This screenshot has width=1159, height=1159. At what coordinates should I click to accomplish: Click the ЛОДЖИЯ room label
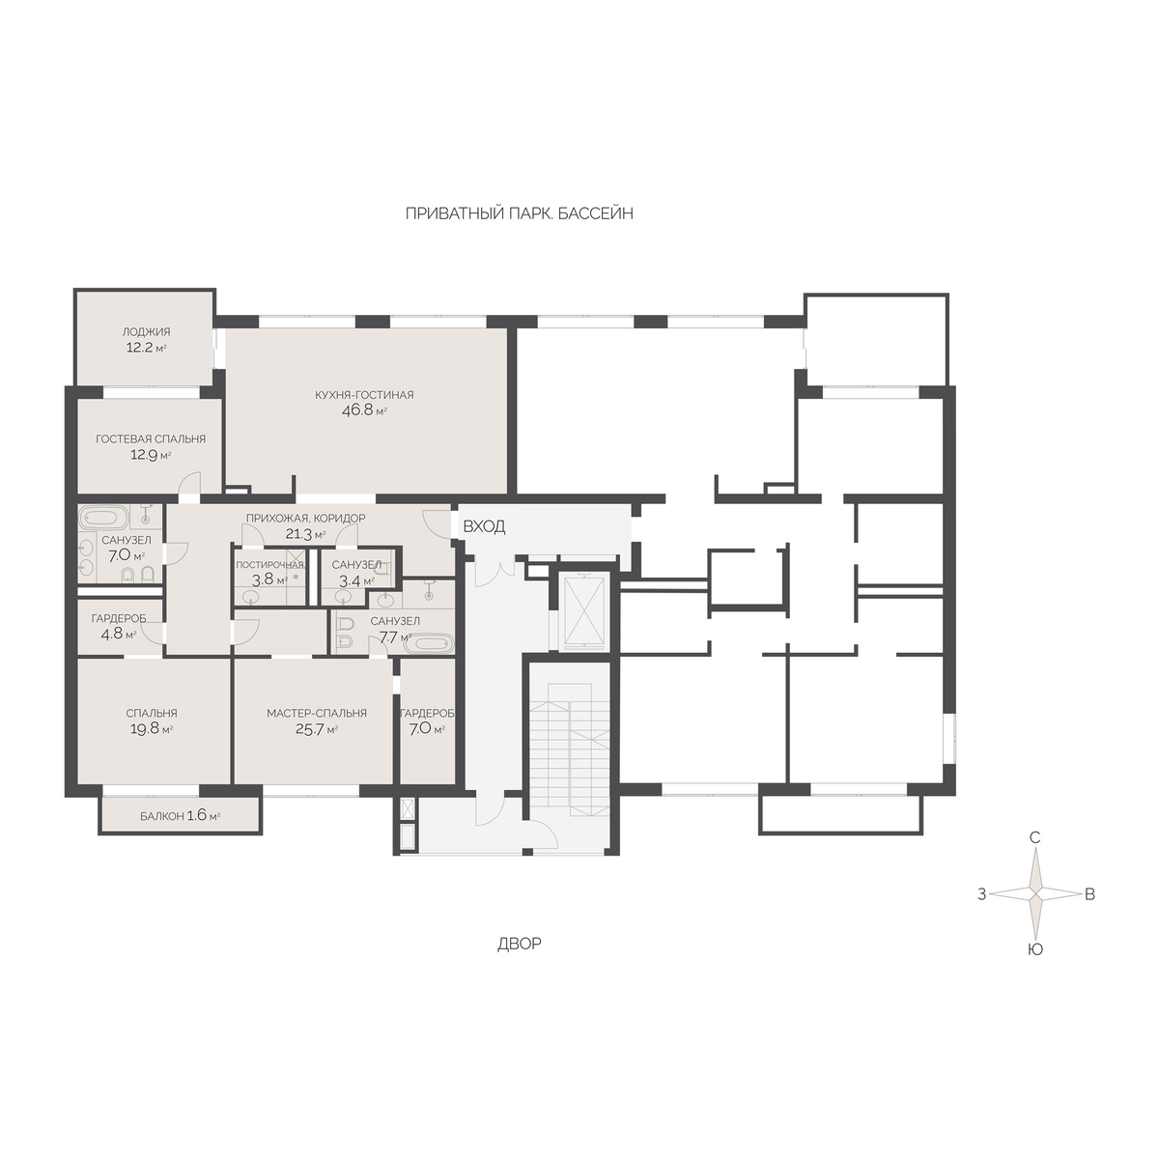146,331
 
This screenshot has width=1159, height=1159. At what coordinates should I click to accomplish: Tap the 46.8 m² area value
364,410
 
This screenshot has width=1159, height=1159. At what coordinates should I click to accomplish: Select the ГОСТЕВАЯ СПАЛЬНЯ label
151,439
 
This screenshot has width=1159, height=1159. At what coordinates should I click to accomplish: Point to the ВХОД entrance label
484,527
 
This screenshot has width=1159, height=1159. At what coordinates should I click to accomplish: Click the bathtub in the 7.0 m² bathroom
104,517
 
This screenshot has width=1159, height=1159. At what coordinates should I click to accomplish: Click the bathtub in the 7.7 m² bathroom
427,644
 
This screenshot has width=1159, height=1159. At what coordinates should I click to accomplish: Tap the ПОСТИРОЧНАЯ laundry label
270,565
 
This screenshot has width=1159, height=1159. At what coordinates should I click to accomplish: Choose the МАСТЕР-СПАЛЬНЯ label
317,714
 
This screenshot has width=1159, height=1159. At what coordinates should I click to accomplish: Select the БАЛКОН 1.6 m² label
181,816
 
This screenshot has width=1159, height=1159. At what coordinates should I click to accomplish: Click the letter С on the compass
1034,837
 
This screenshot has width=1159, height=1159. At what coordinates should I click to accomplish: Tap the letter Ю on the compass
1034,949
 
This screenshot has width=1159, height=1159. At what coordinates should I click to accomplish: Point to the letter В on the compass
1089,894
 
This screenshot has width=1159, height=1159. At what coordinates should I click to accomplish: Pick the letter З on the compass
981,894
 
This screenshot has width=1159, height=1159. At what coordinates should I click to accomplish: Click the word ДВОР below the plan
519,945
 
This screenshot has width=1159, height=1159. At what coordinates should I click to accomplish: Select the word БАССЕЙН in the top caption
596,213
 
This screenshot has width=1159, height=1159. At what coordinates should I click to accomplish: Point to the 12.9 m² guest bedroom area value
151,455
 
